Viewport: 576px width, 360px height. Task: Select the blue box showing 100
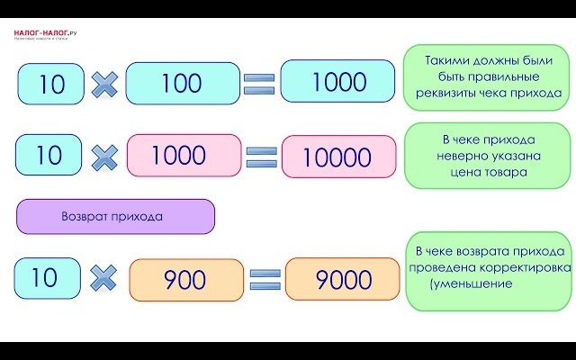[x=181, y=83]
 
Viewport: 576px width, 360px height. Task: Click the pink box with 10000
[x=338, y=157]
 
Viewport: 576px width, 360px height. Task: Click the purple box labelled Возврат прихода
[x=115, y=217]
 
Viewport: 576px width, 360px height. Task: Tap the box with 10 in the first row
[x=51, y=84]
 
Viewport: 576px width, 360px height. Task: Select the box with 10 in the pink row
[x=49, y=155]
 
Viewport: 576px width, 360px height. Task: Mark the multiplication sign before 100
[x=104, y=85]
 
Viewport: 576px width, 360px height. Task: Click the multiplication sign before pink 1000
[x=105, y=157]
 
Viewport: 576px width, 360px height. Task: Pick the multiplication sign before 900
[x=104, y=278]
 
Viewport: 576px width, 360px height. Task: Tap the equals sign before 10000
[x=261, y=157]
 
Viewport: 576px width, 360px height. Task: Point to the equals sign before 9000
[x=265, y=280]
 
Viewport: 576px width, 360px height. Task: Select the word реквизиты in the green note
[x=451, y=92]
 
